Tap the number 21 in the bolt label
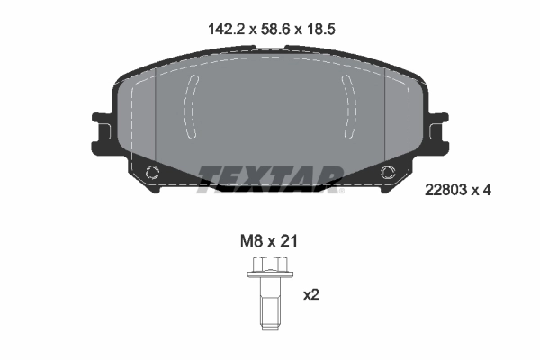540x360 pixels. (288, 241)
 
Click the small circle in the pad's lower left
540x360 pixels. (152, 173)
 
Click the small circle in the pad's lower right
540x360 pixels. (387, 173)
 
